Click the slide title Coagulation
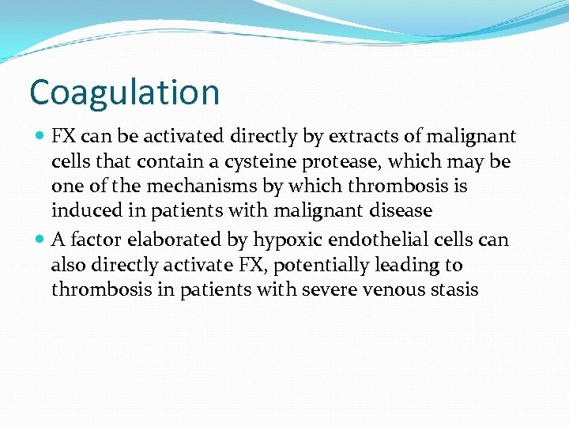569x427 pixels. (124, 93)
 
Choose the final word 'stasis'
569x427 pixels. (453, 289)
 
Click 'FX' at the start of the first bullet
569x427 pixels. (64, 137)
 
